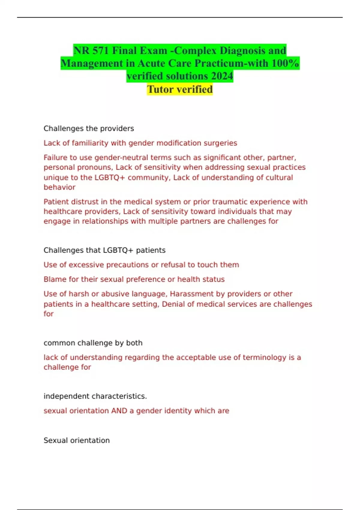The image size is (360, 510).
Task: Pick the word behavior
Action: coord(59,187)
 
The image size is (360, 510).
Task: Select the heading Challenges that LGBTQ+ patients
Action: coord(104,250)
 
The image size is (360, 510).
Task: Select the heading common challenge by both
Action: coord(93,343)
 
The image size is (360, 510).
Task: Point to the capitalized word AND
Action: coord(119,411)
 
